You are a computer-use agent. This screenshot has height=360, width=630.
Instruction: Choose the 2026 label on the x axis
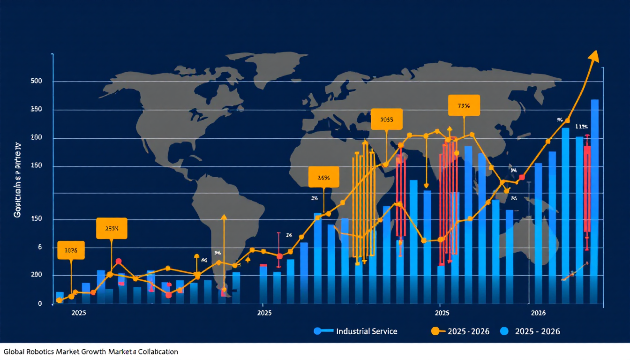(538, 313)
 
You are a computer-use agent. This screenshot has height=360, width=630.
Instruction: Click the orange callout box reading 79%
(464, 106)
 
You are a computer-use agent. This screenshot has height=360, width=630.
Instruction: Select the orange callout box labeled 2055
(386, 119)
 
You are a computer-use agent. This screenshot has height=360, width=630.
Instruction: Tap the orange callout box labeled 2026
(71, 250)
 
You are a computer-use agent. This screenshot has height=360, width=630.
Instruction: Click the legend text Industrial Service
(367, 331)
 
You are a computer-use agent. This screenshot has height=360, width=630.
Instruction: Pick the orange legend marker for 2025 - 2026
(435, 331)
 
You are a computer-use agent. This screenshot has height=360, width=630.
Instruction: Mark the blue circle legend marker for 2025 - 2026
(504, 331)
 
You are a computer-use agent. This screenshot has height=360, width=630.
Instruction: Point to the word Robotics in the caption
(43, 351)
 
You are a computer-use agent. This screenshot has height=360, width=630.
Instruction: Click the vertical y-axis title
(18, 179)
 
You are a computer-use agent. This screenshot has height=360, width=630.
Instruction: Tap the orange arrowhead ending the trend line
(594, 55)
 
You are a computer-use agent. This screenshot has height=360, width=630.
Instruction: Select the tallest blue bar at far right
(595, 202)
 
